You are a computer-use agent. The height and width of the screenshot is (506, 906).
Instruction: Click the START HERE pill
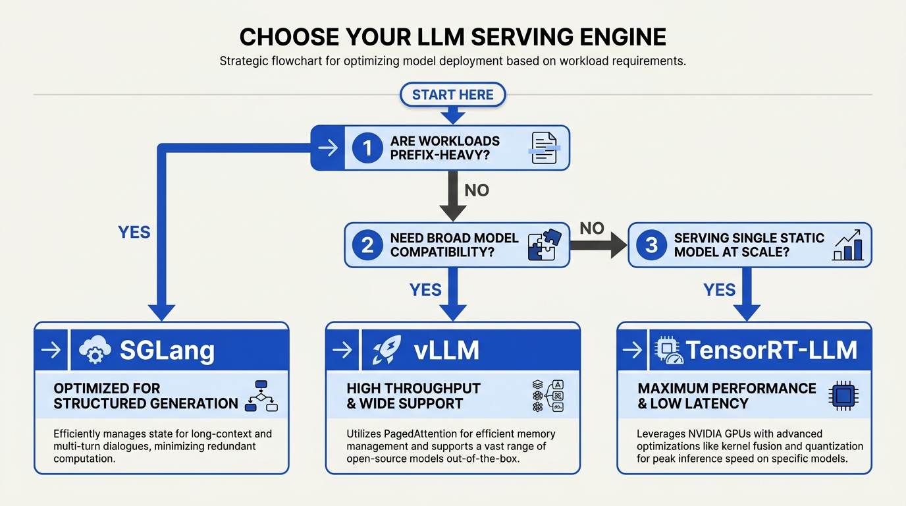point(452,95)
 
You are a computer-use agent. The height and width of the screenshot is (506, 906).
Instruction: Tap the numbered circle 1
point(367,148)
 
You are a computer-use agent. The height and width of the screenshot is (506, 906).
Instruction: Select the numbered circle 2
point(367,245)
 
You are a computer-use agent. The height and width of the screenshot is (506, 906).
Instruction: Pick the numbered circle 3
point(651,245)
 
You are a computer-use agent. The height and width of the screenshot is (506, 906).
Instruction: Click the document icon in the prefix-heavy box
point(545,148)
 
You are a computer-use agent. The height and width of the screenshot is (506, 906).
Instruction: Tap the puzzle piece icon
point(545,244)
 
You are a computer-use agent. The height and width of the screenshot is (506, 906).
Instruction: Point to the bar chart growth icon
point(847,245)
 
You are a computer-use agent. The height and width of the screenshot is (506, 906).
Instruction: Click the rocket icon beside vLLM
point(386,349)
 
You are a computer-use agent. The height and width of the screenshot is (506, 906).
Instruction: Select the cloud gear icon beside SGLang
point(95,349)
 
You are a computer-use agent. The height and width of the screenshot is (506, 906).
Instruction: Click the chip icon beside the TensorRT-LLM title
point(669,350)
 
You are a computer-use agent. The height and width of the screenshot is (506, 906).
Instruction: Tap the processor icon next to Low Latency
point(843,395)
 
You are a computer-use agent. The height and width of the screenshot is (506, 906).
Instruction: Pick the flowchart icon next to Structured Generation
point(261,396)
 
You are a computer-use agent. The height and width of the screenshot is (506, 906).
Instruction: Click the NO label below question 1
point(477,190)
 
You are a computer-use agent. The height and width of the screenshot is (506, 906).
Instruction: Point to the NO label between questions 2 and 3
point(592,229)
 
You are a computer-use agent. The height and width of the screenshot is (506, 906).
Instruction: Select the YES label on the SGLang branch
point(134,233)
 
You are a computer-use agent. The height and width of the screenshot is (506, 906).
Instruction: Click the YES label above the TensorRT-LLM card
point(719,290)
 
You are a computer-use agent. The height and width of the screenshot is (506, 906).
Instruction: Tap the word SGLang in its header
point(167,351)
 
